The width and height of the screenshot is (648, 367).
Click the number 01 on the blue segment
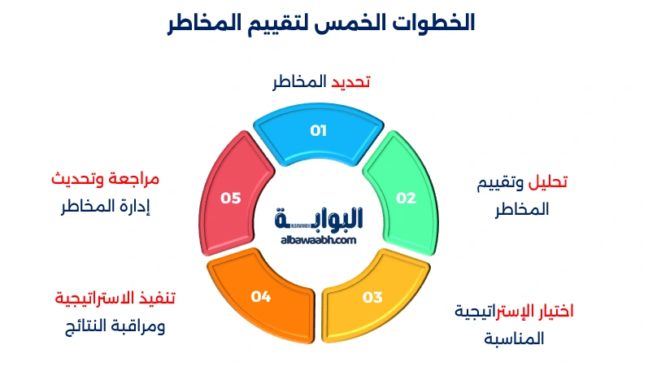318,131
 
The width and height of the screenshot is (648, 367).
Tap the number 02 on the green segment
406,198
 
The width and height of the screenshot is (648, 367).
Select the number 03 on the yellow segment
372,297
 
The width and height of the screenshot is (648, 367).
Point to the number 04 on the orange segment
260,297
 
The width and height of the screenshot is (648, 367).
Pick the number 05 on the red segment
231,198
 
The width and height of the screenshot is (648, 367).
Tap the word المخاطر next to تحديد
300,81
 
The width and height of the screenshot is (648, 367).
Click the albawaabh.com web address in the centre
318,240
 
